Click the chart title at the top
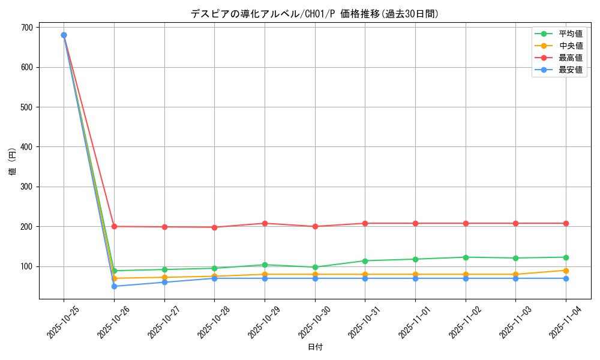tap(314, 14)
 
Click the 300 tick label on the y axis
tap(26, 187)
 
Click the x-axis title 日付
tap(314, 347)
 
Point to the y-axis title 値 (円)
tap(13, 161)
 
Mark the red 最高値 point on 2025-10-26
tap(114, 226)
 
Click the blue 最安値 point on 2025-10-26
tap(114, 286)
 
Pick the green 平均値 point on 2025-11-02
tap(466, 257)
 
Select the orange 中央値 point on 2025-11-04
tap(566, 271)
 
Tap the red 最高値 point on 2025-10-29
tap(265, 223)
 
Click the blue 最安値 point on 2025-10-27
tap(164, 282)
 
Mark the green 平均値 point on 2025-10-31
tap(365, 261)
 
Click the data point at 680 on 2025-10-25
tap(64, 35)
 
